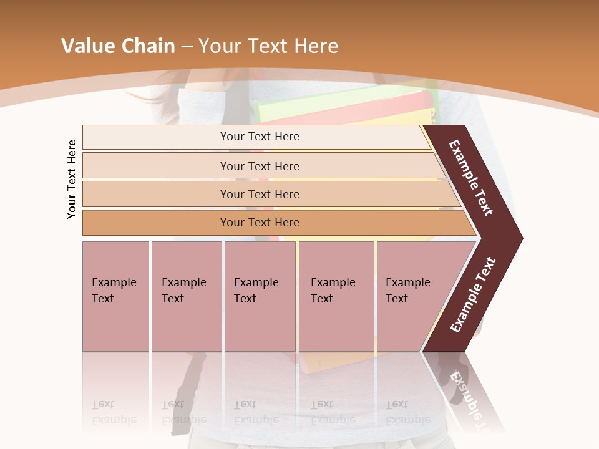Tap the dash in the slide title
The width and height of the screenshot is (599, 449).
point(187,47)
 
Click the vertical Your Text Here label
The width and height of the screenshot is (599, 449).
point(72,179)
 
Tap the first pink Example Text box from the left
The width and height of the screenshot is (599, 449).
point(115,296)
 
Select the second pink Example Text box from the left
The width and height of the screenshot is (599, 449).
point(186,296)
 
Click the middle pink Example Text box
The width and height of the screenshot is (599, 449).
point(260,296)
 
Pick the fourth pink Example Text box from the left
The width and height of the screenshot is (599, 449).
point(336,296)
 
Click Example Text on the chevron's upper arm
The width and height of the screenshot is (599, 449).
point(471,178)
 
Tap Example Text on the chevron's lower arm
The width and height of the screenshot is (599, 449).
point(473,295)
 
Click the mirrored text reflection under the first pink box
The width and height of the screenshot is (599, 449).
point(114,412)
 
